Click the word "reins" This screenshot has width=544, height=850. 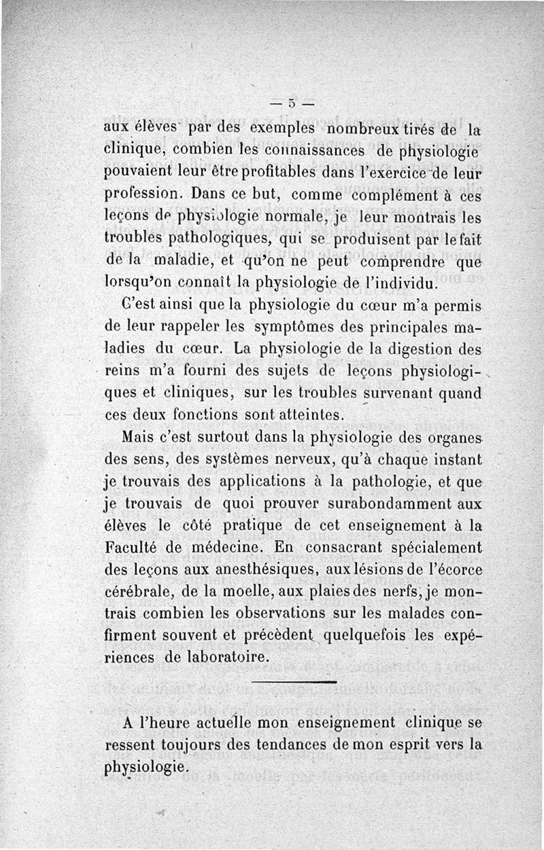pyautogui.click(x=122, y=372)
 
